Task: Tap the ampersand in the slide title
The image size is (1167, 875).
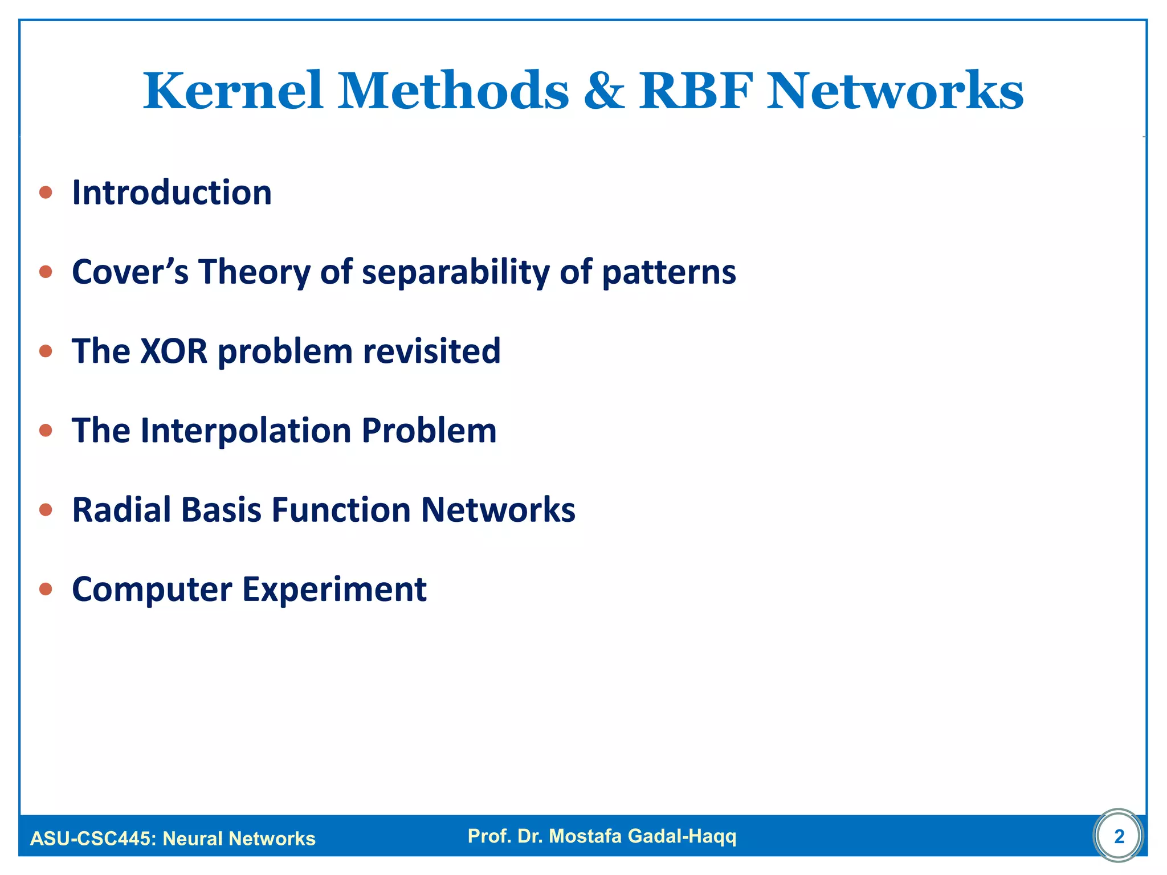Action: pyautogui.click(x=603, y=91)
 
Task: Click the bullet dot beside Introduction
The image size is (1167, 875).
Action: pyautogui.click(x=46, y=193)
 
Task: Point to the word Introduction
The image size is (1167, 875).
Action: pyautogui.click(x=172, y=193)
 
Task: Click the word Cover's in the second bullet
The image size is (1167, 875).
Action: pyautogui.click(x=130, y=272)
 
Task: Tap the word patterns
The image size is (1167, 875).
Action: pyautogui.click(x=669, y=272)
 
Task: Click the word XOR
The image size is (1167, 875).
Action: pyautogui.click(x=174, y=351)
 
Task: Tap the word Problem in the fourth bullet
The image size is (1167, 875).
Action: pyautogui.click(x=429, y=430)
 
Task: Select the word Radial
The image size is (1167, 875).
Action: pyautogui.click(x=121, y=509)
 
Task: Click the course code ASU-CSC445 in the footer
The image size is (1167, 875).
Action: pyautogui.click(x=92, y=839)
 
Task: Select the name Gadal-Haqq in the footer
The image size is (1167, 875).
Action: pyautogui.click(x=682, y=836)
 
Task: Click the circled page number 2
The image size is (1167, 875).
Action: pyautogui.click(x=1119, y=836)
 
